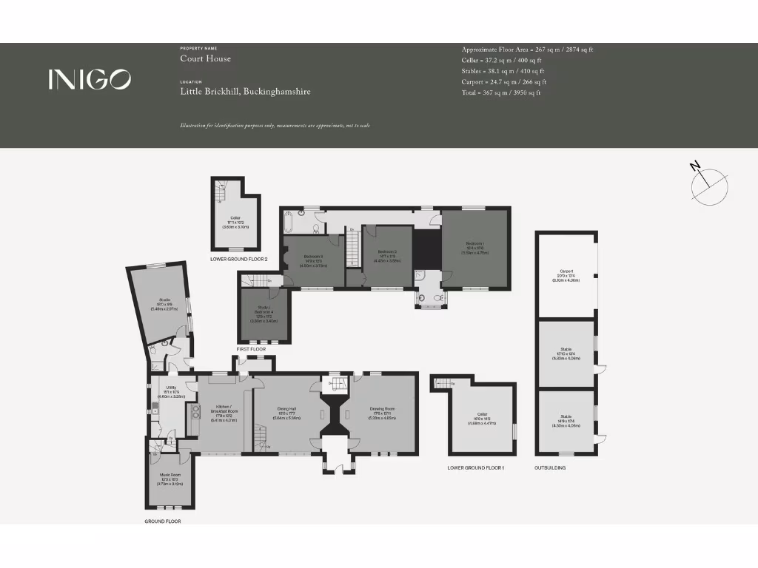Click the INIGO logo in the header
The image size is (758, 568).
tap(90, 79)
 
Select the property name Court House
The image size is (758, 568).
tap(205, 58)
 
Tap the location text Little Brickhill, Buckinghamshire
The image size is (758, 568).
tap(245, 92)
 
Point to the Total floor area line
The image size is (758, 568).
tap(501, 92)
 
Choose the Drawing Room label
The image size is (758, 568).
tap(383, 411)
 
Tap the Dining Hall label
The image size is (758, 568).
tap(286, 411)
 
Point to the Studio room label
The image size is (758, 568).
tap(164, 302)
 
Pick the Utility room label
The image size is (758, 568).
tap(171, 390)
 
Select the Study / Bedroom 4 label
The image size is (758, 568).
tap(264, 314)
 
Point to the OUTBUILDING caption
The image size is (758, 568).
tap(550, 468)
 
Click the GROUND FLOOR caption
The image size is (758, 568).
tap(162, 521)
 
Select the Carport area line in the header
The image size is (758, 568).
tap(503, 81)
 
